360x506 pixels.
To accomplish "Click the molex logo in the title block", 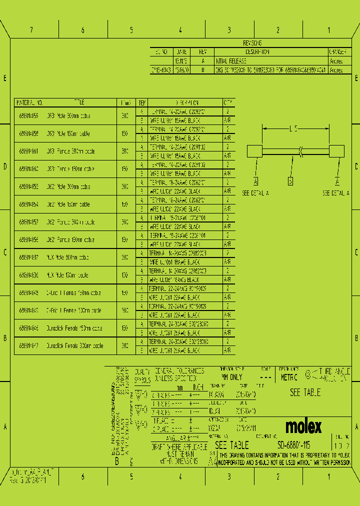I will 303,426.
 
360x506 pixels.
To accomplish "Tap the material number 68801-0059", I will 28,115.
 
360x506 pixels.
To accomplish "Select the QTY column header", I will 228,102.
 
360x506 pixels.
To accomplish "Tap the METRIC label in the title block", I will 289,377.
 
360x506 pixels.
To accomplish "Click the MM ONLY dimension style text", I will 231,377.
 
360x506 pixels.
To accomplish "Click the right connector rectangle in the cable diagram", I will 336,151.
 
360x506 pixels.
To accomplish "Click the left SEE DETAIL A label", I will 255,192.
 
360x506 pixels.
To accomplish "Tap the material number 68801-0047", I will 28,345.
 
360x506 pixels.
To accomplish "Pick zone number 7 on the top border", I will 31,30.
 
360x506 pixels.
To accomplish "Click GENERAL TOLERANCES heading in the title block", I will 179,371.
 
